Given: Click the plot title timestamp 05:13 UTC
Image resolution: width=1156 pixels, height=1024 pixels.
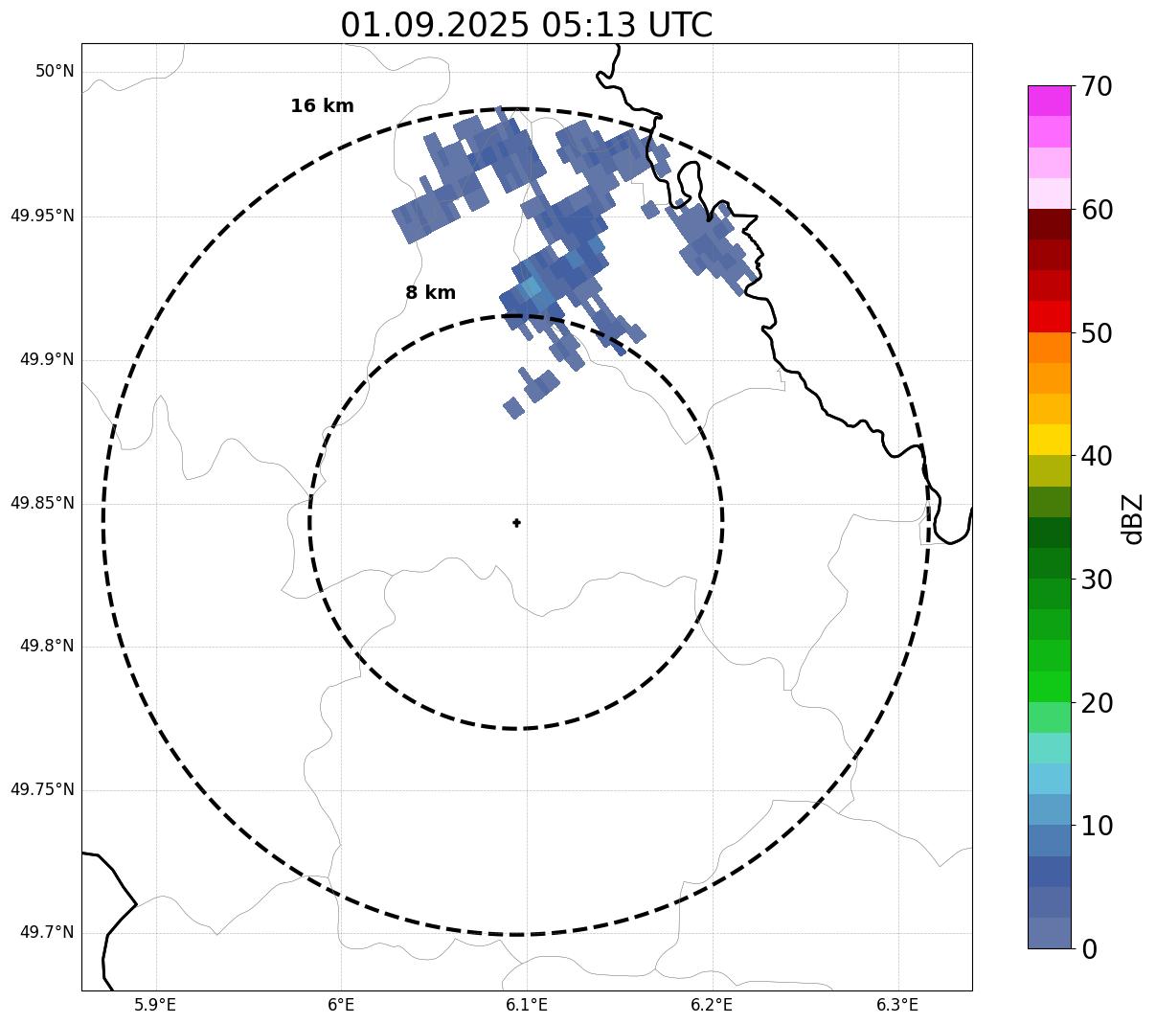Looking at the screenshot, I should pyautogui.click(x=626, y=25).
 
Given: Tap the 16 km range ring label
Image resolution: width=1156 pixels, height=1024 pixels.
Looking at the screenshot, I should pyautogui.click(x=322, y=106).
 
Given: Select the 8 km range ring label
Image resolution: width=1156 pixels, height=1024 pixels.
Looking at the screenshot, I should pyautogui.click(x=430, y=293).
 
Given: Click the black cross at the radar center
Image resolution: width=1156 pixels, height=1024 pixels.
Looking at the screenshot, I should pyautogui.click(x=516, y=522).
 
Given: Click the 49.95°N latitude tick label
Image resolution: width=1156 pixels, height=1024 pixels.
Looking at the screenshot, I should pyautogui.click(x=42, y=216).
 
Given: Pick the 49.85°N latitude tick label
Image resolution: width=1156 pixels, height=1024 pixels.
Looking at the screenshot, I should pyautogui.click(x=42, y=503).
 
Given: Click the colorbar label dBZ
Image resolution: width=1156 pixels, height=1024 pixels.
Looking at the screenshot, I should pyautogui.click(x=1133, y=518).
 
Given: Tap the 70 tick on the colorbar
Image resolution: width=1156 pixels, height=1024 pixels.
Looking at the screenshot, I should pyautogui.click(x=1097, y=87).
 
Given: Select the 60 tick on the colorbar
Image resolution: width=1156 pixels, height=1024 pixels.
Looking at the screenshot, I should pyautogui.click(x=1097, y=210).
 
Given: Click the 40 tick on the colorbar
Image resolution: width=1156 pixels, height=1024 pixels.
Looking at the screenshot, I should pyautogui.click(x=1097, y=457).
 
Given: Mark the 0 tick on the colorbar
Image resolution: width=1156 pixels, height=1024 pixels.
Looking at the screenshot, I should pyautogui.click(x=1091, y=949).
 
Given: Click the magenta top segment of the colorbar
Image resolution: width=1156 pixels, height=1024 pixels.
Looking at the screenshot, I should pyautogui.click(x=1049, y=101).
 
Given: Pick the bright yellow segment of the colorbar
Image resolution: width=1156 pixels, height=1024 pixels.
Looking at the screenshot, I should pyautogui.click(x=1049, y=441).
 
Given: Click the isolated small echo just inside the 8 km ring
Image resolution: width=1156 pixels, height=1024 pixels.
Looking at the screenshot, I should pyautogui.click(x=513, y=408).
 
